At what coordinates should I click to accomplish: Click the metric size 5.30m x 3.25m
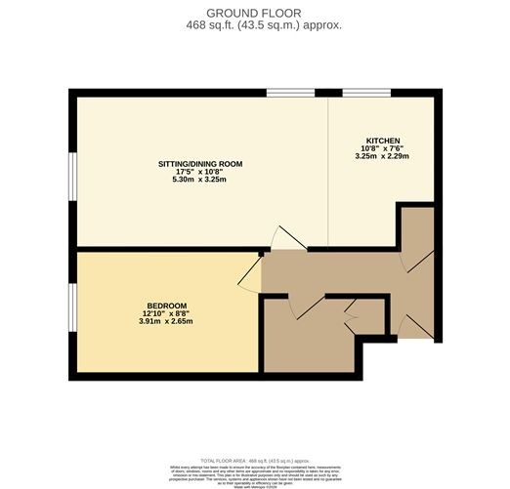pos(200,180)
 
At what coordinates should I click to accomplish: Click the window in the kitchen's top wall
pos(365,93)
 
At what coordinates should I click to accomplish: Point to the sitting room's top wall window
pos(291,93)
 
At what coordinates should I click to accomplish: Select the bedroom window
pos(71,309)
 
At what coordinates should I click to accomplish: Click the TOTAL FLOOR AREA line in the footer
pos(254,458)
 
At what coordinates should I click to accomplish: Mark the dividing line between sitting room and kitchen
pos(327,171)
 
